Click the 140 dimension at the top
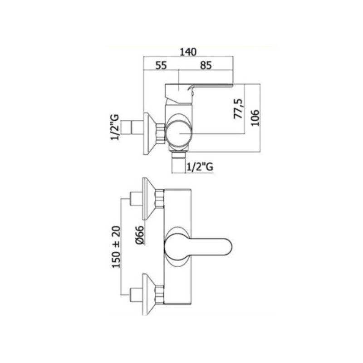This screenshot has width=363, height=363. point(188,52)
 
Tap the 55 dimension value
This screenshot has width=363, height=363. point(161,65)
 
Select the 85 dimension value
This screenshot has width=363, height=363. point(206,65)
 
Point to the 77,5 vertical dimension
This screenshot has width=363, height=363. point(238,108)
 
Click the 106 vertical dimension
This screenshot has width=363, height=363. point(255,118)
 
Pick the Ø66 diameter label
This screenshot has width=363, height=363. point(140,235)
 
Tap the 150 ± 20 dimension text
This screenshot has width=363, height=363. point(116,247)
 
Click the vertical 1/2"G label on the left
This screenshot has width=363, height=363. point(115,127)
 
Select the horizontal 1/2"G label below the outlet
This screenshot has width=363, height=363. point(200,167)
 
